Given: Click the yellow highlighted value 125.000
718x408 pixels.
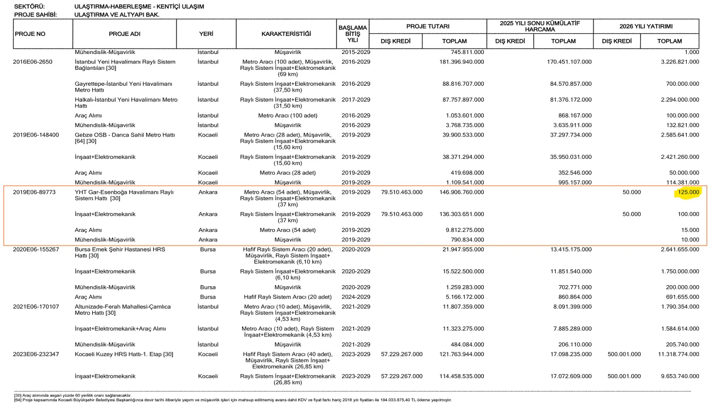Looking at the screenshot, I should click(x=687, y=192).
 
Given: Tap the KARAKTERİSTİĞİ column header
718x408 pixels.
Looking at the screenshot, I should click(x=286, y=34).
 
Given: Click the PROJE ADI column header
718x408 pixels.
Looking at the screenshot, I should click(x=125, y=34).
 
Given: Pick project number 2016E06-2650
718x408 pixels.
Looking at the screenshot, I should click(x=33, y=62).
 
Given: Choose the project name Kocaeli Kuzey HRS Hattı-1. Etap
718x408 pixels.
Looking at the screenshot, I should click(x=124, y=354).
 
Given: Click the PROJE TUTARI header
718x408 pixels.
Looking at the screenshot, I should click(x=428, y=26).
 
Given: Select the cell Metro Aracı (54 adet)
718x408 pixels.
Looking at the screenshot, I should click(x=288, y=230).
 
